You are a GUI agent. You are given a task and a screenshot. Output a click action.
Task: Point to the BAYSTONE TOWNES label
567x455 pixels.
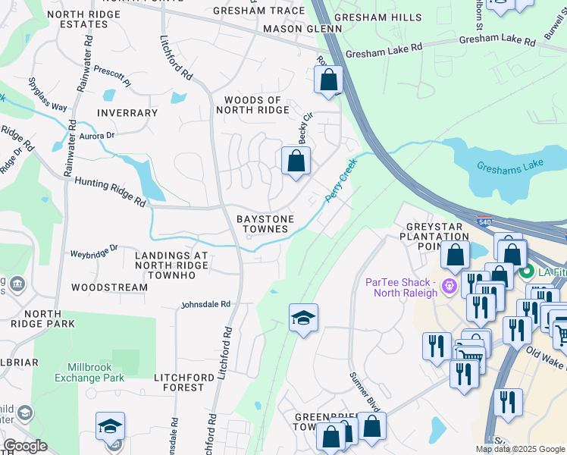(265, 224)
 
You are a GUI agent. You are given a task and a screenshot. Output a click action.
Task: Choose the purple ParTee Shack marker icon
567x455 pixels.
(449, 287)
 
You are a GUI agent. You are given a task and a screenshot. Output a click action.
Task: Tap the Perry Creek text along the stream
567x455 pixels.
(341, 180)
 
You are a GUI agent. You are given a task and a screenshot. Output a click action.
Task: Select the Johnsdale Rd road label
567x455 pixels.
(205, 304)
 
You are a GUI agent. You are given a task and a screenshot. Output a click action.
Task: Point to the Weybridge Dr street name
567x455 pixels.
(95, 252)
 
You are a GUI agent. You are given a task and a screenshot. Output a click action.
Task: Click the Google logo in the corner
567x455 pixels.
(26, 446)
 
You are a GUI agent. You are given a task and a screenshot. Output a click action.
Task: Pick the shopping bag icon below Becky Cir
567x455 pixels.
(296, 160)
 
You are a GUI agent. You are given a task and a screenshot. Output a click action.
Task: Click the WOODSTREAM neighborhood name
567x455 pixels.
(109, 288)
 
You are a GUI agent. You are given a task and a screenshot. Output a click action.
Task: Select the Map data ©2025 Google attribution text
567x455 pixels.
(520, 449)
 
